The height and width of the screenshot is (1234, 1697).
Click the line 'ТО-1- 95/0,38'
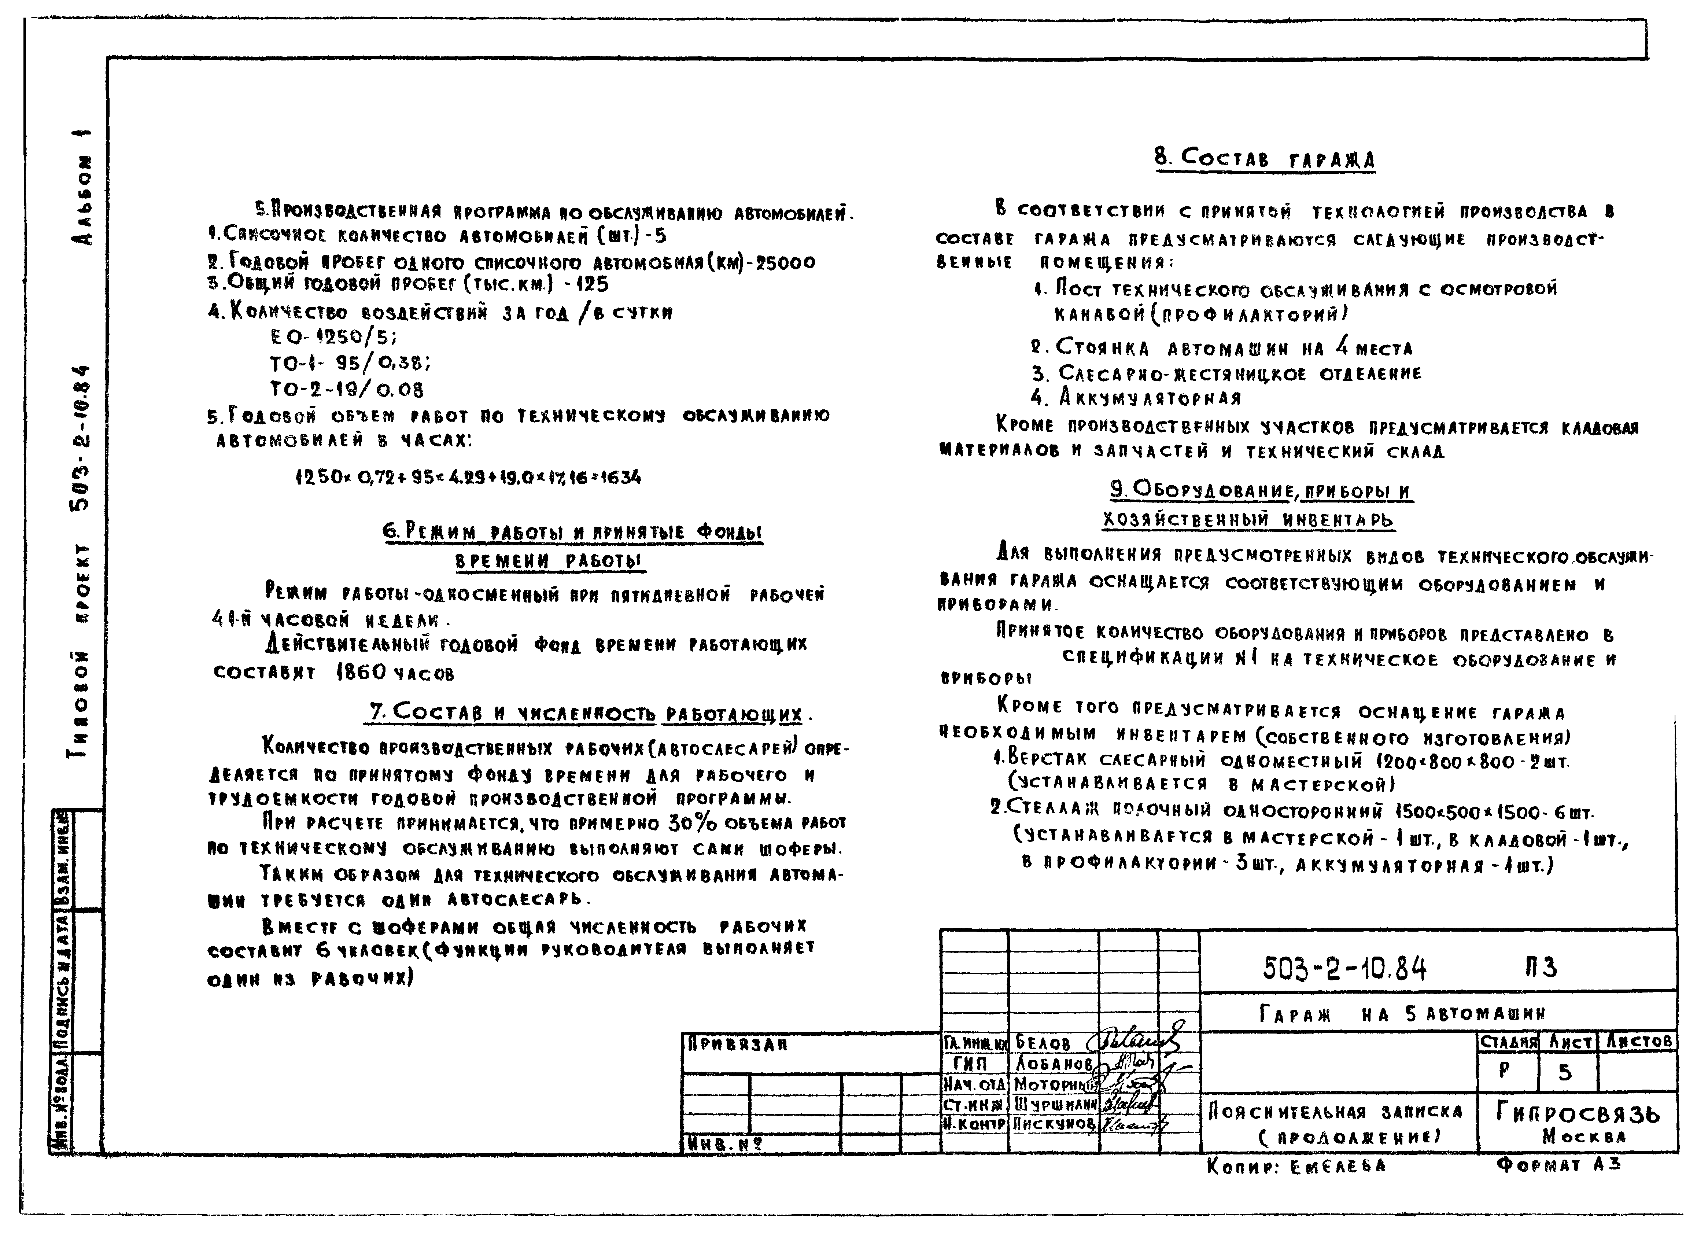(x=350, y=364)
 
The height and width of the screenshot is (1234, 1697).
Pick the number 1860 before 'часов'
(x=361, y=672)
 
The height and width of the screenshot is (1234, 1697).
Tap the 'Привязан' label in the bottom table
(x=737, y=1044)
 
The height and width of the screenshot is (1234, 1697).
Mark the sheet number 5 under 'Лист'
(x=1565, y=1072)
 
